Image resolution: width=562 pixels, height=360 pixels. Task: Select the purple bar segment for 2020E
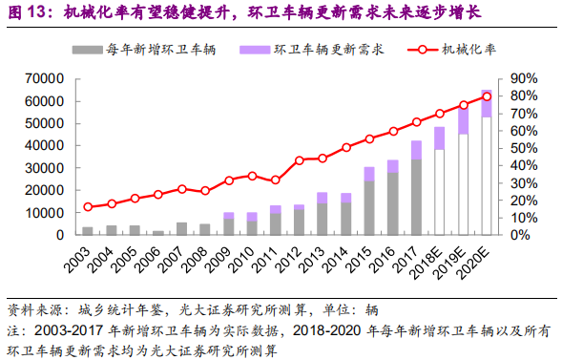(487, 103)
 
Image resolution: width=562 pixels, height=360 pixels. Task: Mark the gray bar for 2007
(181, 228)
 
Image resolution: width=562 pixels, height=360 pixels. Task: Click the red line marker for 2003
(88, 207)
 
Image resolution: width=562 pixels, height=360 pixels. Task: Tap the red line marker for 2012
(299, 160)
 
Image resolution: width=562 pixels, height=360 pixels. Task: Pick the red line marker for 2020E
(487, 96)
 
